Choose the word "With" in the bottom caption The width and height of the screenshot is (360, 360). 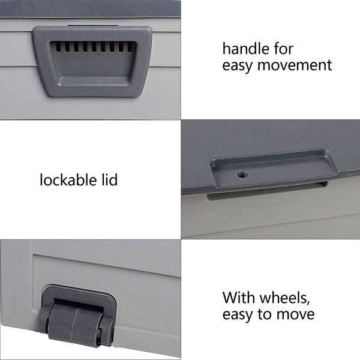(x=237, y=298)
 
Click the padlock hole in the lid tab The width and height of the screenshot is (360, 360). (x=242, y=174)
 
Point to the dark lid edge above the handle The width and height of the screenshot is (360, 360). (x=90, y=8)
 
